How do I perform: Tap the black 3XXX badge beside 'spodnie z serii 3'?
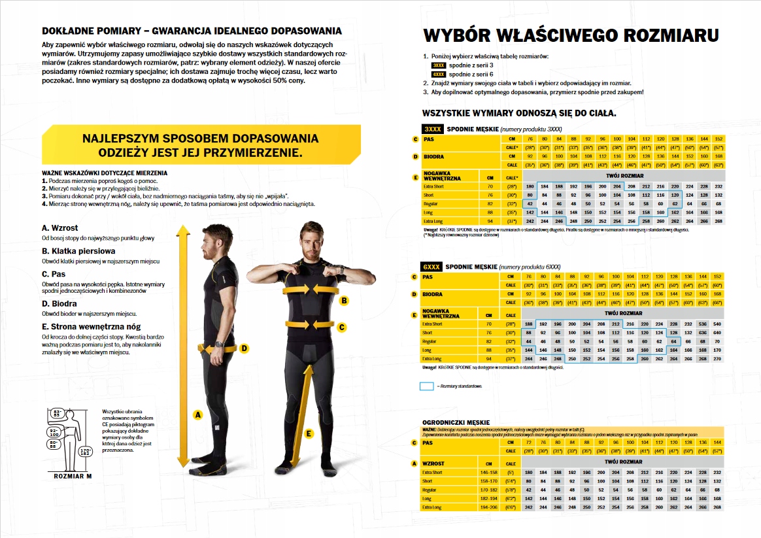click(x=439, y=65)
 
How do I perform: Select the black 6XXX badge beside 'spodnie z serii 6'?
click(x=439, y=75)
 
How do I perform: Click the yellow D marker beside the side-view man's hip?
click(x=244, y=348)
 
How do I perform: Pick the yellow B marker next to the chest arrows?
click(x=345, y=301)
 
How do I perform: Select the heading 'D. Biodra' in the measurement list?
click(x=59, y=303)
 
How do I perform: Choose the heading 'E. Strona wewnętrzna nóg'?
click(x=91, y=326)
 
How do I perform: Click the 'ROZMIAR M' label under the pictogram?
click(x=73, y=475)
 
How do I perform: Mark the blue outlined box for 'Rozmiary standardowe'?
click(x=426, y=386)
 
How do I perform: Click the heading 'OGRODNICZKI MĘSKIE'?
click(x=456, y=422)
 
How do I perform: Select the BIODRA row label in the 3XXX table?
click(x=433, y=157)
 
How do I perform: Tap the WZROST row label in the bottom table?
click(x=434, y=463)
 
